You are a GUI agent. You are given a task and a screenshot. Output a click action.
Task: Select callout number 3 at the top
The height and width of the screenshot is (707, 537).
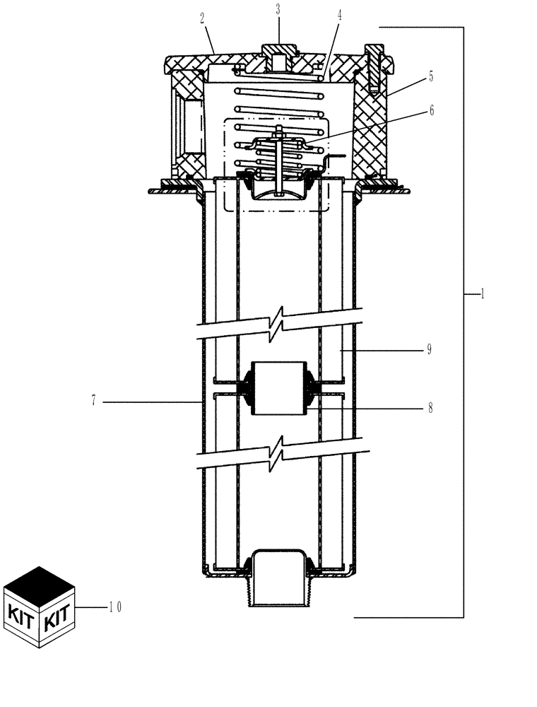tap(278, 11)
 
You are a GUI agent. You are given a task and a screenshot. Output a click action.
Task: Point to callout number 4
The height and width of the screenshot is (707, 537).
tap(339, 14)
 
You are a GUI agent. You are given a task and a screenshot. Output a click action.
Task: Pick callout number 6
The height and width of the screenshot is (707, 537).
tap(431, 111)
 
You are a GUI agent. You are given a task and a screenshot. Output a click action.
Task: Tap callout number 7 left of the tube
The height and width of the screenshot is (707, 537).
tap(93, 401)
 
